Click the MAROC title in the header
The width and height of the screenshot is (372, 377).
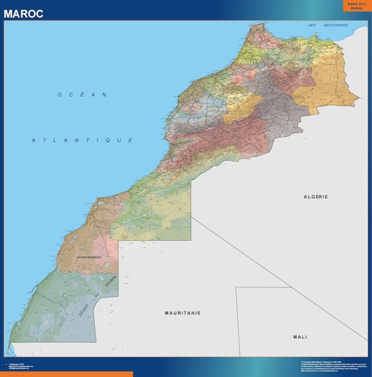[23, 14]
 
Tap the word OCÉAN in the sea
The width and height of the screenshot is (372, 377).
[82, 94]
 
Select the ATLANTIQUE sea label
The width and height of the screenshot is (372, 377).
[82, 140]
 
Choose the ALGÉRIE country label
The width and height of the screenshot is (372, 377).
[316, 197]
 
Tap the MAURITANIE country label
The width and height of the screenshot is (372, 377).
[183, 313]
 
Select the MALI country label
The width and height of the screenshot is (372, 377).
[300, 337]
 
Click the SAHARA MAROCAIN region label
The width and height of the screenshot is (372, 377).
[89, 257]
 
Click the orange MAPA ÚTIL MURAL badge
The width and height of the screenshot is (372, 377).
[357, 6]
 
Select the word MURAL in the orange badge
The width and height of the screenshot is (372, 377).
[357, 8]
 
